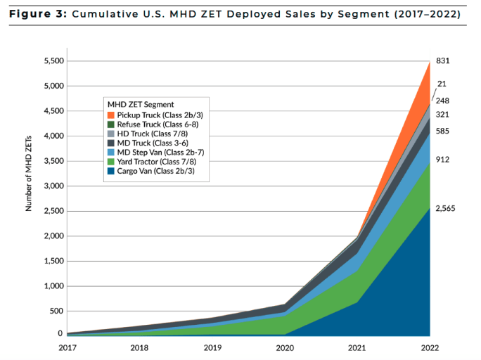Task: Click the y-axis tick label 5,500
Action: coord(53,61)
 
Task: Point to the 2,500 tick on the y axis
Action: coord(53,211)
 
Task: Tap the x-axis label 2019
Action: coord(212,347)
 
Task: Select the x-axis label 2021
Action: coord(357,347)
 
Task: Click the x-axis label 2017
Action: coord(67,347)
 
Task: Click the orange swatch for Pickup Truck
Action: coord(111,115)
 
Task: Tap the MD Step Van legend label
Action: coord(156,150)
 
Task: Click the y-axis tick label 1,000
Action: coord(53,286)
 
